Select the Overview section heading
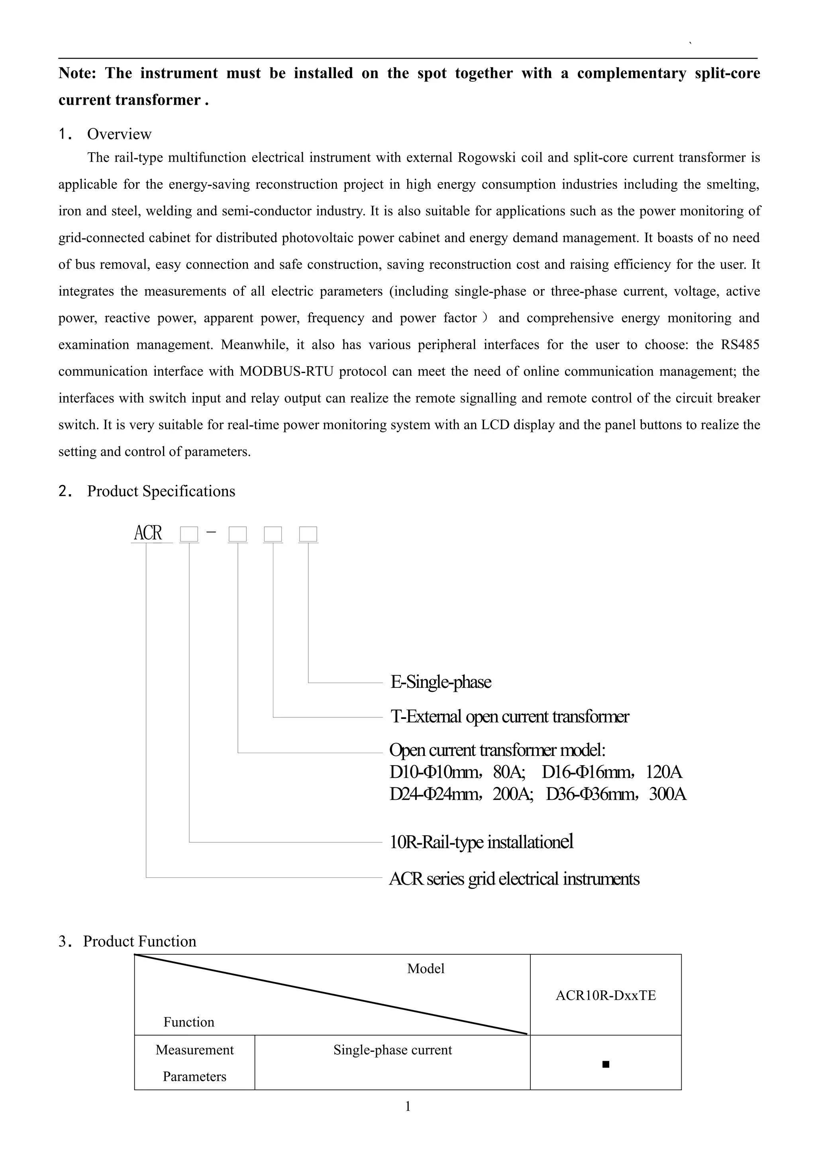tap(119, 134)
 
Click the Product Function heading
tap(139, 941)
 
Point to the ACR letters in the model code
tap(148, 533)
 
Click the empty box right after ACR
tap(189, 534)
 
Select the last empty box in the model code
tap(308, 534)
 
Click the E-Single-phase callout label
tap(441, 682)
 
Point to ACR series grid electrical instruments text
tap(514, 879)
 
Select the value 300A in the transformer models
tap(667, 794)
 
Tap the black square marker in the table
tap(606, 1064)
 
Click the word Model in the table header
tap(426, 969)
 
